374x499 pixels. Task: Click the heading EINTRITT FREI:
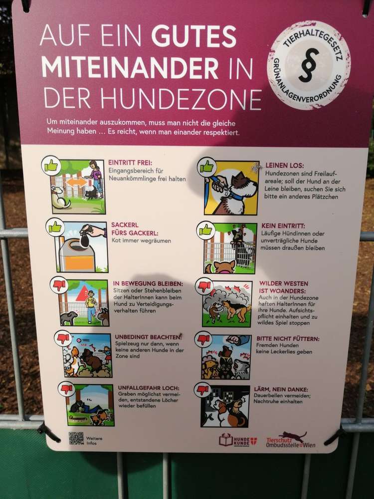(130, 162)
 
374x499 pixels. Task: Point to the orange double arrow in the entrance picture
(76, 182)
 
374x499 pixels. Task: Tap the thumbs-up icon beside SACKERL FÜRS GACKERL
(55, 227)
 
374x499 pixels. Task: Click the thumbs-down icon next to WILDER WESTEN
(204, 286)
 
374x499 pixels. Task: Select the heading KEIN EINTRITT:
(283, 226)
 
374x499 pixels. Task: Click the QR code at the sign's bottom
(76, 438)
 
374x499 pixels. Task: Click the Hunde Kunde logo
(238, 441)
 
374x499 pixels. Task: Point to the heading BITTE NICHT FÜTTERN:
(288, 339)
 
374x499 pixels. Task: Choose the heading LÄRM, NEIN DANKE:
(281, 389)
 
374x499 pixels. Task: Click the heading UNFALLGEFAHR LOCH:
(149, 388)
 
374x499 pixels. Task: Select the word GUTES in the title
(194, 36)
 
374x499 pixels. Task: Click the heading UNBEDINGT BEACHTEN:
(148, 337)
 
